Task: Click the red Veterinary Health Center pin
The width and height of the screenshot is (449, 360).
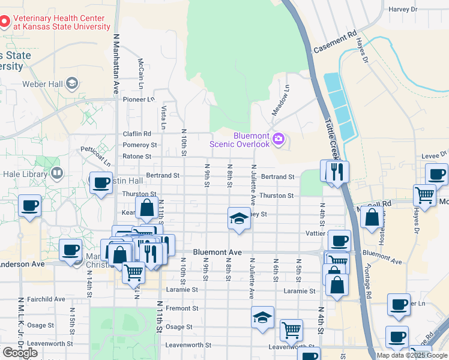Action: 5,22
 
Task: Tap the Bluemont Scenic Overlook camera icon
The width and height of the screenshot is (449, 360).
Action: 278,139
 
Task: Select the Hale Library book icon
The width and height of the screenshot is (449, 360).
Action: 57,174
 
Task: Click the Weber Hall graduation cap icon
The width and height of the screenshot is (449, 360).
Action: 73,83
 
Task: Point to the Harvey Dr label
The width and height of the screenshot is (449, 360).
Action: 403,9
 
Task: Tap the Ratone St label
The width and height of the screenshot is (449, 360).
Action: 137,156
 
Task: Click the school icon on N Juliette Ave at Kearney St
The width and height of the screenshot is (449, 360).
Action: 238,218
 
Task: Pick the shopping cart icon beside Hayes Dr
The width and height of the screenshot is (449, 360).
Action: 424,195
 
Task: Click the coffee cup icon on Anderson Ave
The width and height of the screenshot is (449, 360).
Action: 70,250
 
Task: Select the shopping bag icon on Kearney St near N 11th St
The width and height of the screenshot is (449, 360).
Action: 147,209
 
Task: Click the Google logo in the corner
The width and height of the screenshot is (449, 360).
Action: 20,353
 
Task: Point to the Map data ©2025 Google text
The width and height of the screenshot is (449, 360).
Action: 412,355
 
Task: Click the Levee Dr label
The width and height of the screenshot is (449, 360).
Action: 435,155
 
